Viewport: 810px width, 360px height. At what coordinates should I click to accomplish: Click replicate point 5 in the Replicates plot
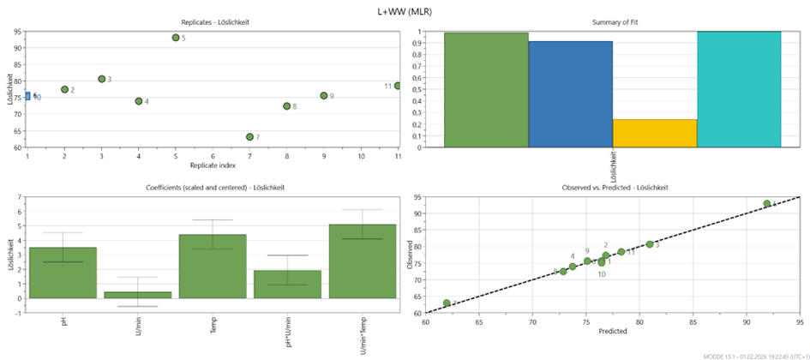(x=176, y=38)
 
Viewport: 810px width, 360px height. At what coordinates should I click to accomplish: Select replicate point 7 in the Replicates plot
(x=249, y=137)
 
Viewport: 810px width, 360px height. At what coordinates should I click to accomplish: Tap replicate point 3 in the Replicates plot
(x=101, y=79)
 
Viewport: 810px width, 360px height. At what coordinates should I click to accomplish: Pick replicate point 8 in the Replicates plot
(x=286, y=106)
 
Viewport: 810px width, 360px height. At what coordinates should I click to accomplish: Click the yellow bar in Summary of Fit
(x=655, y=133)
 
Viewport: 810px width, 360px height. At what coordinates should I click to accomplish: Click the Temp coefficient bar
(x=212, y=266)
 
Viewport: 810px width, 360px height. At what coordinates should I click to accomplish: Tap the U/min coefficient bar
(x=138, y=295)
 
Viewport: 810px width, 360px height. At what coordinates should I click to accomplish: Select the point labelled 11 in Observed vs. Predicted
(x=621, y=252)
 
